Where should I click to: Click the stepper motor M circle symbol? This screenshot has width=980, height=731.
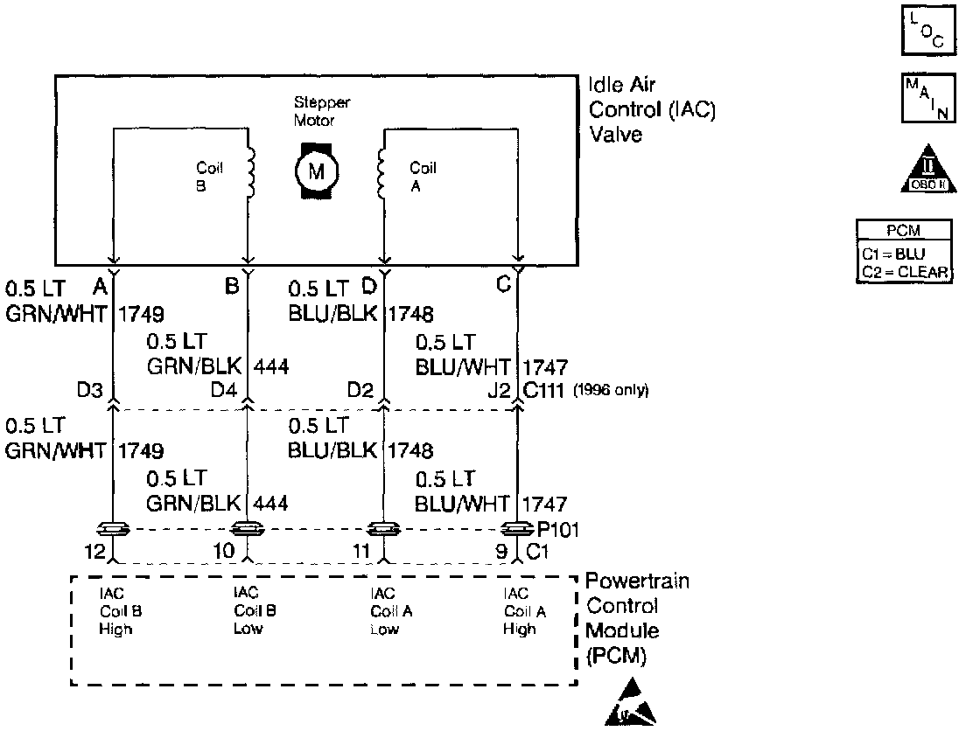(314, 171)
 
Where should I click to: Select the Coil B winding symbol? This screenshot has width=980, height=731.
(251, 171)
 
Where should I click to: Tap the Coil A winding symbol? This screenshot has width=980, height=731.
(381, 171)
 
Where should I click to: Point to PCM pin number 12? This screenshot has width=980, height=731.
(95, 552)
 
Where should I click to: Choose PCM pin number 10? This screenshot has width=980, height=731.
(224, 552)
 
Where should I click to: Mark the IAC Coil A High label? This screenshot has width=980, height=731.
(524, 611)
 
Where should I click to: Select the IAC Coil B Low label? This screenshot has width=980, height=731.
(255, 611)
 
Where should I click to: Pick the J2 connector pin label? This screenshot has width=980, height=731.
(500, 389)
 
